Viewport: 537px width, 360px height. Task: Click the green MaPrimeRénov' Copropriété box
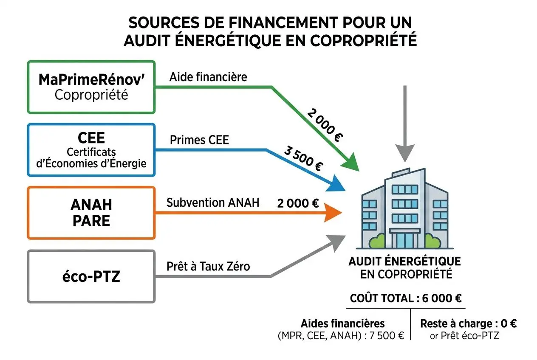pyautogui.click(x=91, y=87)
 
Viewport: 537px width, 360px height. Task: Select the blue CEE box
pyautogui.click(x=91, y=150)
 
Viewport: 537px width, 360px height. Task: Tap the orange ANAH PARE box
pyautogui.click(x=91, y=213)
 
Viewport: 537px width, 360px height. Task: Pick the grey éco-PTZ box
pyautogui.click(x=91, y=276)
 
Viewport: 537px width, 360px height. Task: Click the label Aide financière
pyautogui.click(x=208, y=77)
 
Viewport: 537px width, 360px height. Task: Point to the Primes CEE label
pyautogui.click(x=199, y=140)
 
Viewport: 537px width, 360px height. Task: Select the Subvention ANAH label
pyautogui.click(x=212, y=202)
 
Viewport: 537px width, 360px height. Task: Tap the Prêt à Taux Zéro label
pyautogui.click(x=208, y=267)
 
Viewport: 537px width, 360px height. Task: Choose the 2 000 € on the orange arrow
pyautogui.click(x=297, y=203)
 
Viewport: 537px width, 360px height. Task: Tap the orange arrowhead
pyautogui.click(x=334, y=213)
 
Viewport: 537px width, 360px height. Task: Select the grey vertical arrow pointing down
pyautogui.click(x=404, y=123)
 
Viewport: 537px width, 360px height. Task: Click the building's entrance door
pyautogui.click(x=405, y=239)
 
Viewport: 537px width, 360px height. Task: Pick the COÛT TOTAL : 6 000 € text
pyautogui.click(x=406, y=298)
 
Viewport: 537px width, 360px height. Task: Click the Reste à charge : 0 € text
pyautogui.click(x=468, y=323)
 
